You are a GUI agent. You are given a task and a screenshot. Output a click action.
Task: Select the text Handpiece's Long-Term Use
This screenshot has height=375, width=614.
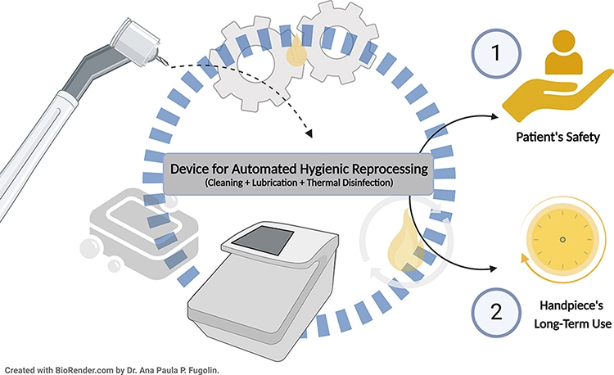567,312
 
